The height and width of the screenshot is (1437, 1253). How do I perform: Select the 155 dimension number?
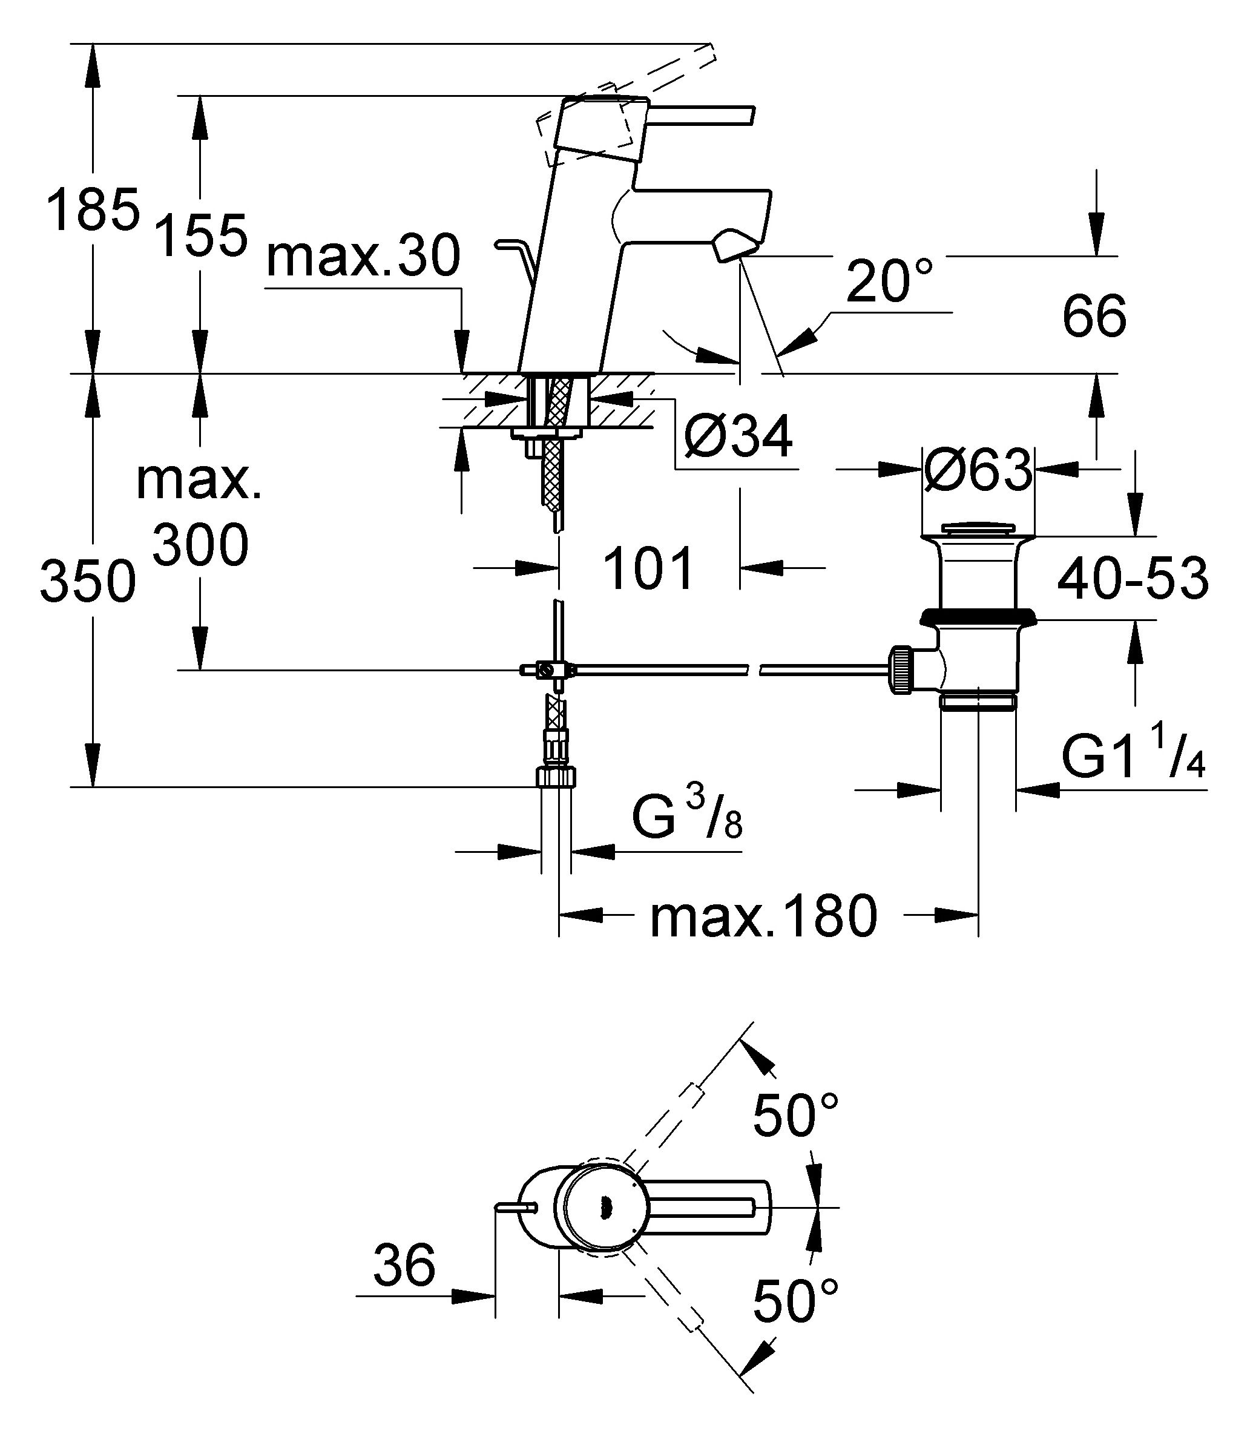pos(201,235)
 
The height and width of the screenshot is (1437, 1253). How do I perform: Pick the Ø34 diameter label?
pos(738,437)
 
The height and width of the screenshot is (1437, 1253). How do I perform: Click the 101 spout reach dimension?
pos(648,568)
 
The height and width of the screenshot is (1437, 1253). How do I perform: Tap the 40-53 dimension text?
pos(1133,579)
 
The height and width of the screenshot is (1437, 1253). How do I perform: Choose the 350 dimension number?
pos(87,581)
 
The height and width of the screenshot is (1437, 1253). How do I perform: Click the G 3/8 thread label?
pos(687,815)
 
